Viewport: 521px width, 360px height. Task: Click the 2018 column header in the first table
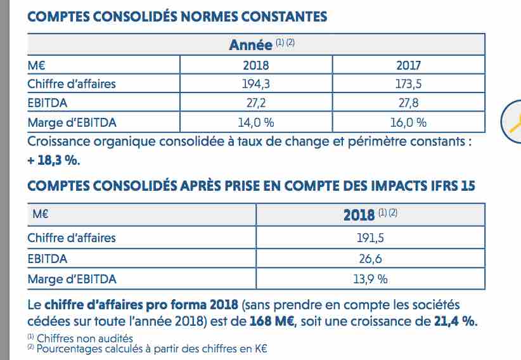(x=256, y=65)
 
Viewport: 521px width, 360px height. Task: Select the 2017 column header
(x=408, y=65)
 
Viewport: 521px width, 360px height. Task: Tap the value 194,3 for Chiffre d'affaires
(x=256, y=84)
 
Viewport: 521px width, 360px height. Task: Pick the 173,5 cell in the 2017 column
(x=408, y=84)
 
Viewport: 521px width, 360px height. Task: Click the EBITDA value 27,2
(x=256, y=103)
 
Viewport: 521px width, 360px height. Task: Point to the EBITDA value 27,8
(x=408, y=103)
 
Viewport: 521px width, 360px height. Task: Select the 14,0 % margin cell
(x=256, y=123)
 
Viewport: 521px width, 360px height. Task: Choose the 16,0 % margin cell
(x=408, y=123)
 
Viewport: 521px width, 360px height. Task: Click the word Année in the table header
(x=250, y=45)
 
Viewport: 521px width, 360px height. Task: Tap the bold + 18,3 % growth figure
(x=54, y=160)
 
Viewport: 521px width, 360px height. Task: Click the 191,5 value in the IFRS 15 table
(x=370, y=238)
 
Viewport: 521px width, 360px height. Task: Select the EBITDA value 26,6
(x=370, y=259)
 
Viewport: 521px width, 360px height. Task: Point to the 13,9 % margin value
(x=370, y=280)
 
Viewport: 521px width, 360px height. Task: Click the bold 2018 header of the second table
(x=359, y=215)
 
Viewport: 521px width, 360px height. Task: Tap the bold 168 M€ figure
(x=272, y=321)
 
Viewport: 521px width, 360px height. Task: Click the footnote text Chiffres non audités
(x=85, y=338)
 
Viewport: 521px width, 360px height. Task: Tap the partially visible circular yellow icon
(x=511, y=122)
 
